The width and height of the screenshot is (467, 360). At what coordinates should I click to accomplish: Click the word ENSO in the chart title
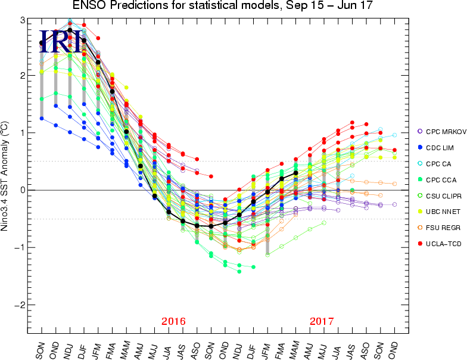click(x=88, y=7)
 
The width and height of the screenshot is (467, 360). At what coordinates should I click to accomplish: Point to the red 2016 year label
click(x=173, y=322)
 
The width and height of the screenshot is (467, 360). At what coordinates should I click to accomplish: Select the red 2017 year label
click(x=322, y=322)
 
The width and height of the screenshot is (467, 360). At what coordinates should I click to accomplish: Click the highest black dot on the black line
click(x=70, y=30)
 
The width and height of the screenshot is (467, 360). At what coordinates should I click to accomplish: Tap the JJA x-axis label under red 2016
click(x=169, y=342)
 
